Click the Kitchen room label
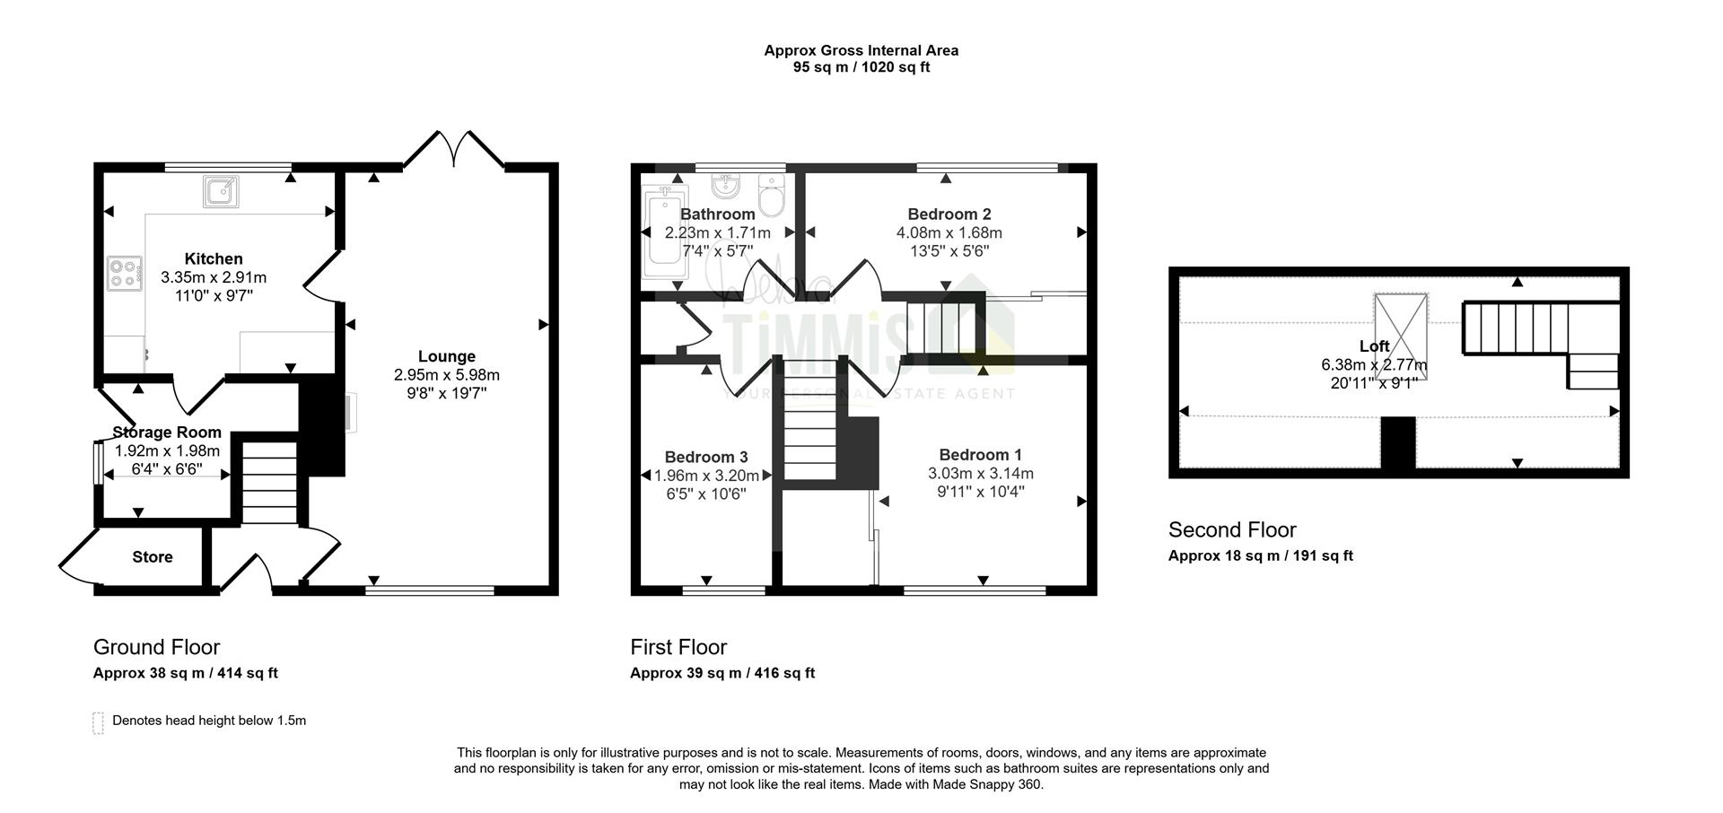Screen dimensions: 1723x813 click(214, 259)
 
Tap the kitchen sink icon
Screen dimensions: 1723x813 click(221, 191)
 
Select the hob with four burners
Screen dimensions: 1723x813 click(125, 274)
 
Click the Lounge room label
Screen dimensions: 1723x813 click(446, 356)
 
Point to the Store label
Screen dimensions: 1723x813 click(153, 557)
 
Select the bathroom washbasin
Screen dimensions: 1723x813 click(726, 186)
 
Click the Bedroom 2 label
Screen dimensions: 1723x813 click(949, 214)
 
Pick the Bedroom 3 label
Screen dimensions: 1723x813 click(706, 458)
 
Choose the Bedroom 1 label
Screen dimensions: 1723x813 click(981, 455)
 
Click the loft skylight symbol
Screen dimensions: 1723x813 click(1401, 336)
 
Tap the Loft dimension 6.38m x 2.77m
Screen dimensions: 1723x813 click(1374, 365)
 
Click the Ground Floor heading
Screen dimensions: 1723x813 click(157, 647)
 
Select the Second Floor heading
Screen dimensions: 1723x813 click(1232, 529)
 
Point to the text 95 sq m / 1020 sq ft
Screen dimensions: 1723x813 click(861, 67)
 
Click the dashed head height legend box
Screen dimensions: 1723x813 click(98, 723)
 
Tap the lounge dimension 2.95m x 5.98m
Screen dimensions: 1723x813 click(447, 375)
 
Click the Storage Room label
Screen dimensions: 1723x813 click(167, 433)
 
